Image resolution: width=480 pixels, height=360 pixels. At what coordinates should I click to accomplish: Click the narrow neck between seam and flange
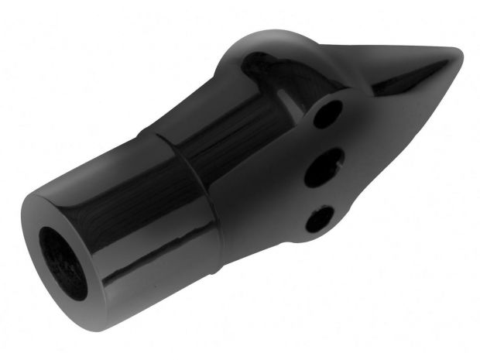tap(248, 155)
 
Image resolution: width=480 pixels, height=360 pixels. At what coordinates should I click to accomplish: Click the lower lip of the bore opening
tap(70, 290)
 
